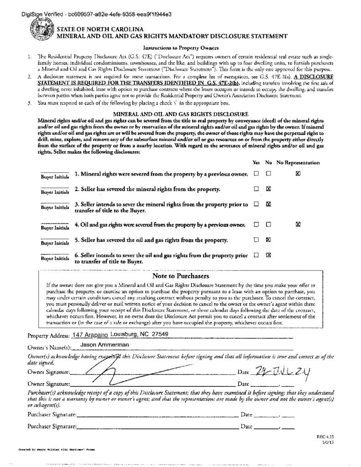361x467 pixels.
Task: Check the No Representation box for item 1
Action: [298, 173]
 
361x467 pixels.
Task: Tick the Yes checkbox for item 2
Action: [256, 188]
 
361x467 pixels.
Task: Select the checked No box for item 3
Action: [268, 204]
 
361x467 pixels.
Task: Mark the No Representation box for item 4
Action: [298, 224]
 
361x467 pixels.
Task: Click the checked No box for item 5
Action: [268, 239]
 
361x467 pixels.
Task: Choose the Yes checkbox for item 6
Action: [256, 255]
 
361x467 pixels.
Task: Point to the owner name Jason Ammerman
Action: [105, 344]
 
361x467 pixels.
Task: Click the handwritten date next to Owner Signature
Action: [283, 372]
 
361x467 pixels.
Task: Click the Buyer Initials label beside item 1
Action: [55, 176]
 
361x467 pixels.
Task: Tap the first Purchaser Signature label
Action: [52, 415]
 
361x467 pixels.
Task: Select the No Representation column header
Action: [298, 163]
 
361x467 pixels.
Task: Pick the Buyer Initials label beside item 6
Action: [55, 258]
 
